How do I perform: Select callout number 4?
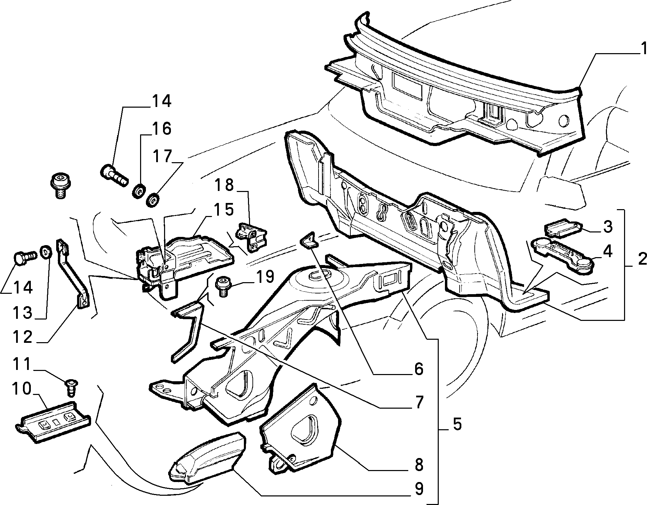pyautogui.click(x=608, y=252)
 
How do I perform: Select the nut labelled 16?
pyautogui.click(x=138, y=191)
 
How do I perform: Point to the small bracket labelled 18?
pyautogui.click(x=251, y=237)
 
